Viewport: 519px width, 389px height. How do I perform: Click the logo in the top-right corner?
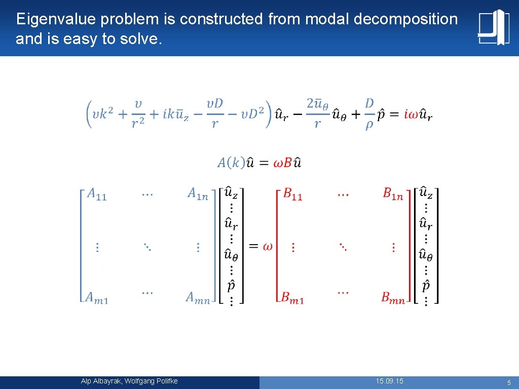(493, 27)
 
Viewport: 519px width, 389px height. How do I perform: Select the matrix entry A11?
(97, 194)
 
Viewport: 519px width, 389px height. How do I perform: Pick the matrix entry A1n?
(198, 194)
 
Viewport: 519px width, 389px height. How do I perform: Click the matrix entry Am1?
(97, 298)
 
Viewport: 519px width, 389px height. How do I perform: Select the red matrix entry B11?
(292, 194)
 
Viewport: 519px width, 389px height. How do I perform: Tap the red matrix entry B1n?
(393, 194)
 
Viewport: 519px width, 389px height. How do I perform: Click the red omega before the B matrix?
(267, 246)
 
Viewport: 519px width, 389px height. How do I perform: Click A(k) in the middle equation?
(231, 163)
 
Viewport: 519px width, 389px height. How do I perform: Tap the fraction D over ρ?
(369, 114)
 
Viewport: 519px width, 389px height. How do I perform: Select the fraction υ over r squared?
(138, 114)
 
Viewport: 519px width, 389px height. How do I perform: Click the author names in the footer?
(129, 381)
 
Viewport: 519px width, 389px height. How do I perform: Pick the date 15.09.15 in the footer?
(390, 381)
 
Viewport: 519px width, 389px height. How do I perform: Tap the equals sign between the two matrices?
(254, 246)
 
